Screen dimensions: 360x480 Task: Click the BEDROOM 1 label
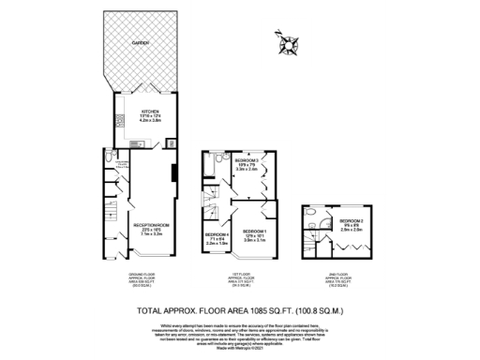[255, 232]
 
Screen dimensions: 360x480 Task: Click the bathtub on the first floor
[217, 162]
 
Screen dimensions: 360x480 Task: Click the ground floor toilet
[111, 157]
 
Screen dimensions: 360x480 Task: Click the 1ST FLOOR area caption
[242, 278]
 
